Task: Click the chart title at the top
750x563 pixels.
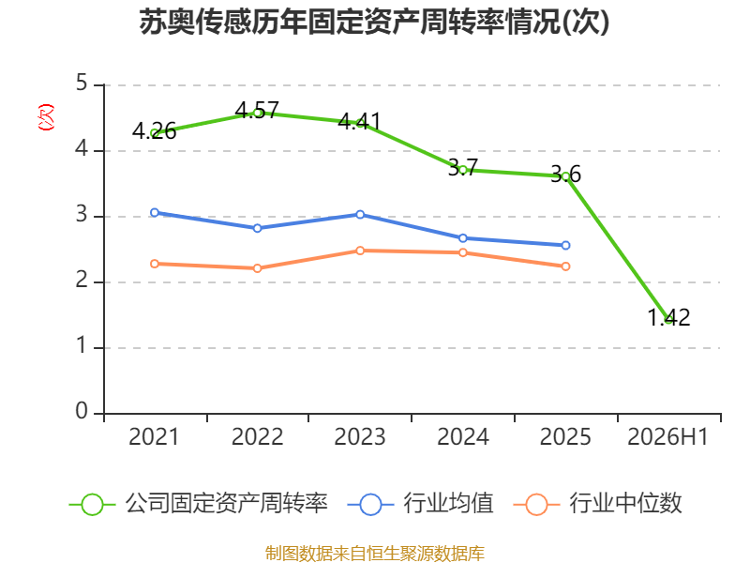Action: (374, 22)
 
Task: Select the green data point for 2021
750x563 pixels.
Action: (155, 133)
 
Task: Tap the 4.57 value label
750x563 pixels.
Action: (257, 110)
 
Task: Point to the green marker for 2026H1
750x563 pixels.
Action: (668, 320)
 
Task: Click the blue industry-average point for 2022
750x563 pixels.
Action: (257, 228)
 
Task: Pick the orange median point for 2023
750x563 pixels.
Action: (360, 251)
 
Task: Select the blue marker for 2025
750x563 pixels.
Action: (565, 245)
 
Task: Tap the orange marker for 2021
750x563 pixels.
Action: (155, 264)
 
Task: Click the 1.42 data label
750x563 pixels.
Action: (668, 317)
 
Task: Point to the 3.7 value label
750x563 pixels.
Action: (462, 168)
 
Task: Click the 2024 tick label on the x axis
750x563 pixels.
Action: (463, 436)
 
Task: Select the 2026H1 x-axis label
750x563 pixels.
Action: (667, 436)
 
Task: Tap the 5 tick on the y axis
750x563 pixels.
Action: (82, 83)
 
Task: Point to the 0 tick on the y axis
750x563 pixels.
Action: (82, 411)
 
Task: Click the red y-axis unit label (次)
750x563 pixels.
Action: (46, 117)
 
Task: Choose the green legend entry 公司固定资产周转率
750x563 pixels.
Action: (199, 504)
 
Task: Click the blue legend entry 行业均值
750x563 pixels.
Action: (420, 504)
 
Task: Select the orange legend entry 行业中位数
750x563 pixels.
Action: (597, 504)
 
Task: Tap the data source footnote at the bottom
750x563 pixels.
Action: (375, 554)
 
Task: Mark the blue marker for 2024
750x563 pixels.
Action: (462, 238)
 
